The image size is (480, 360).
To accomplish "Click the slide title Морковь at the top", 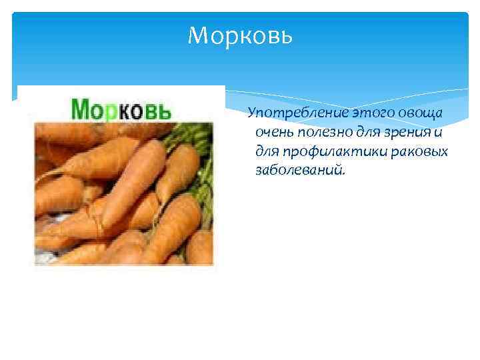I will pos(240,35).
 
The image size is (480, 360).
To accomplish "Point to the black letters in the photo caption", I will pos(147,111).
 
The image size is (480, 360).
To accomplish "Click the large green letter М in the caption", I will pos(81,109).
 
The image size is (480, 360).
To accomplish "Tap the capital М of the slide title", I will pos(197,35).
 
